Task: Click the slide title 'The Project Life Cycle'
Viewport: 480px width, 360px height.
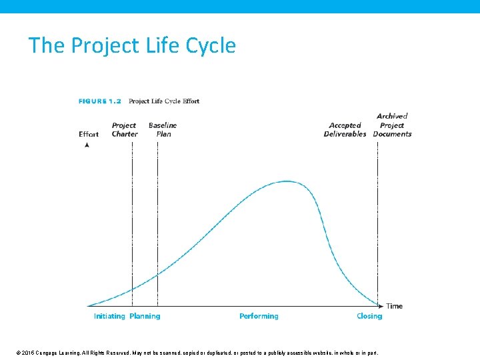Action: click(132, 45)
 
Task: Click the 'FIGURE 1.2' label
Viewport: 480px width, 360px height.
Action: click(100, 101)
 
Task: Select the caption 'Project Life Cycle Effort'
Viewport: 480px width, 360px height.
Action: click(164, 101)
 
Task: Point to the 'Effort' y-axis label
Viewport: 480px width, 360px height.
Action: click(89, 134)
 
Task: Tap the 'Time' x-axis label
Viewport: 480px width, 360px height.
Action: click(395, 306)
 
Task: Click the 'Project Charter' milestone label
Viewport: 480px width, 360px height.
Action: click(124, 129)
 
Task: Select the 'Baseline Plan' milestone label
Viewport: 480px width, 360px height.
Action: click(163, 129)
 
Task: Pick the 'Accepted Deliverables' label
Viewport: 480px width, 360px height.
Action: click(345, 129)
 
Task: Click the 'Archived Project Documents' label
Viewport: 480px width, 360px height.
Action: click(392, 125)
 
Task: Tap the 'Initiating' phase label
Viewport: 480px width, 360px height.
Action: click(109, 316)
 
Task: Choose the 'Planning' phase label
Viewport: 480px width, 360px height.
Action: click(145, 316)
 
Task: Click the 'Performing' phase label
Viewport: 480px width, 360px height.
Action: click(259, 316)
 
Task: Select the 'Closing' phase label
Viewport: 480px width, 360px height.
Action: click(369, 316)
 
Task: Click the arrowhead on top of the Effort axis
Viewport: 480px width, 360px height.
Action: click(87, 145)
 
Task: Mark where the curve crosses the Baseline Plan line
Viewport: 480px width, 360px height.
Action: click(157, 274)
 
